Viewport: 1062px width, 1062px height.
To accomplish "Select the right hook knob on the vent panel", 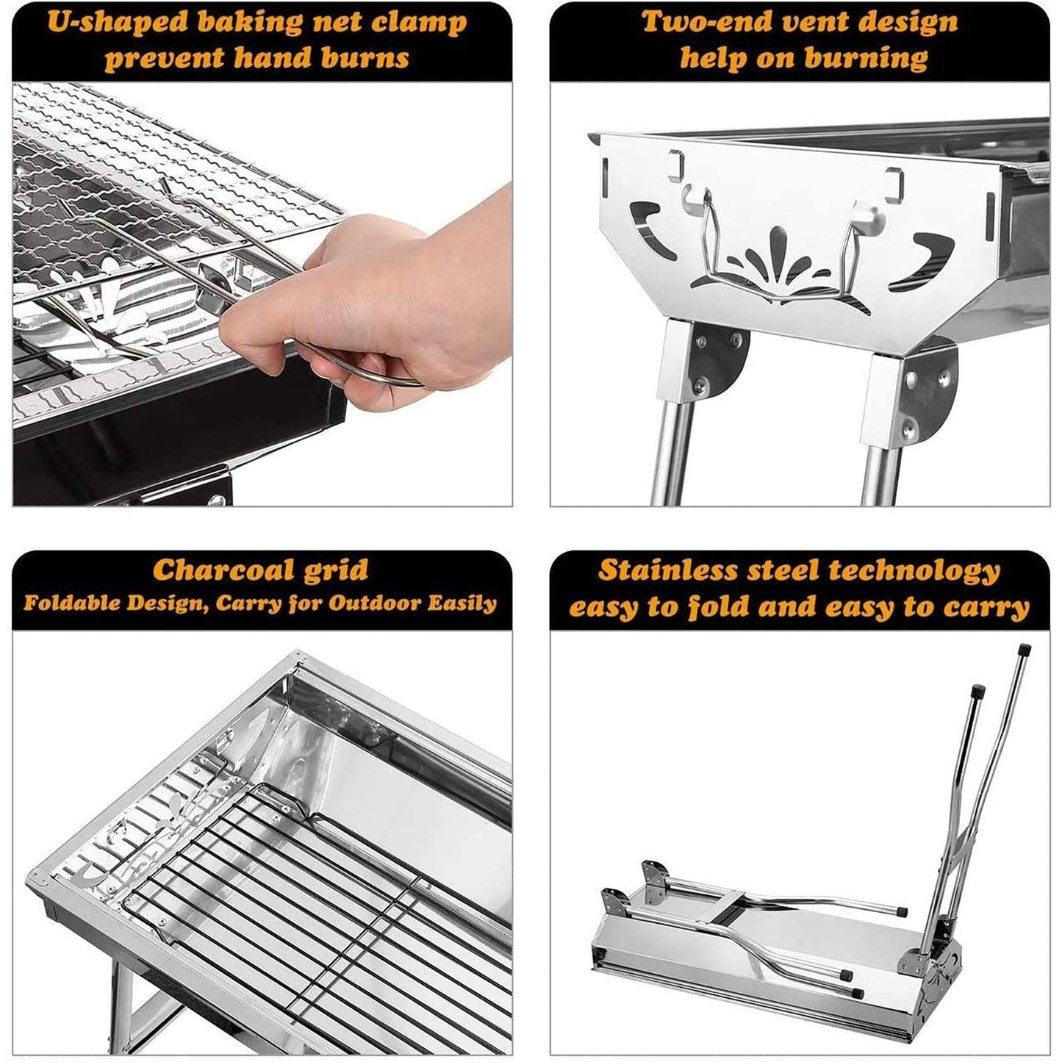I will click(861, 211).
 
